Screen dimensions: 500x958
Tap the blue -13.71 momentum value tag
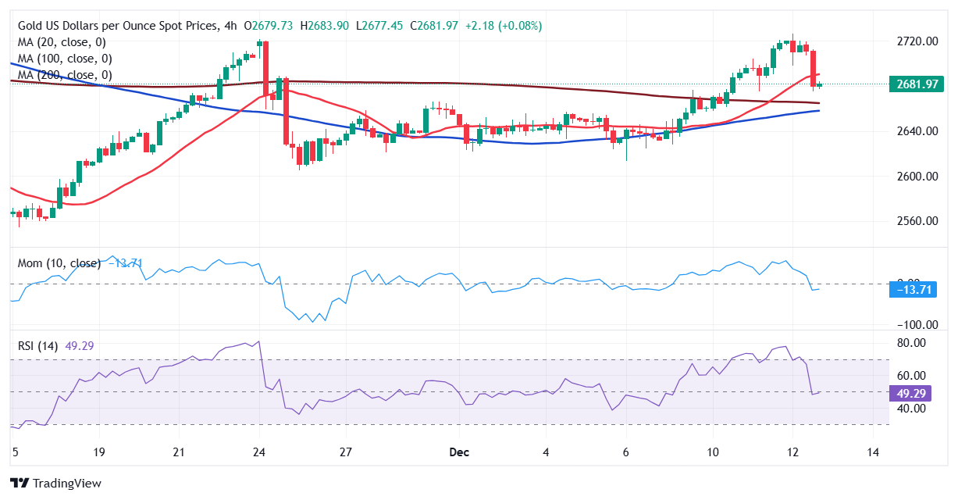911,291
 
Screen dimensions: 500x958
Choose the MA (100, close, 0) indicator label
65,59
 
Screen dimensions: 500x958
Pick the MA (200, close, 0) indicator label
65,75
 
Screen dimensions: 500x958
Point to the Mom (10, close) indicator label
59,263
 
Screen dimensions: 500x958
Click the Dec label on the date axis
459,452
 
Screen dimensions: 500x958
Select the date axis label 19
98,452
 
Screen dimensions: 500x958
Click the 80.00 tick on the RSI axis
910,343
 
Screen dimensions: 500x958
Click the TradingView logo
55,483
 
